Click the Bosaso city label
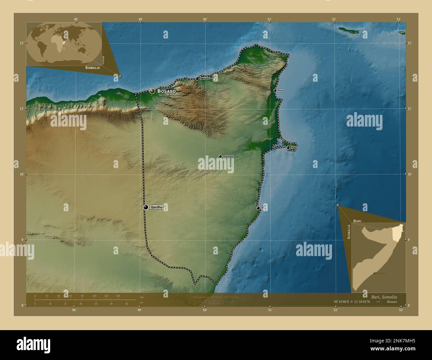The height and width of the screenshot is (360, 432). coord(166,91)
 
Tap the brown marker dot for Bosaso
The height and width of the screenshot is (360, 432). coord(152,91)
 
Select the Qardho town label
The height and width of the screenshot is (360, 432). coord(157,207)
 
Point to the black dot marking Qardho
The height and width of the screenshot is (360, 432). coord(146,207)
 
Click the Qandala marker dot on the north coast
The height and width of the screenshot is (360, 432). coord(197,78)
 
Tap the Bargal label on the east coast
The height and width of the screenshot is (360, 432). coord(281,90)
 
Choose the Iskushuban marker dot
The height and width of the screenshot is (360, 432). coord(220,156)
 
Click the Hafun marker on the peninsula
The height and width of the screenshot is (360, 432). coord(288,147)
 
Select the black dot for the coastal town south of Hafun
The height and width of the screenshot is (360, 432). coord(258,208)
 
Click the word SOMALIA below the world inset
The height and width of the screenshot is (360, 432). coord(92,68)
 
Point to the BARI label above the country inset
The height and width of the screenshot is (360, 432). coord(357,221)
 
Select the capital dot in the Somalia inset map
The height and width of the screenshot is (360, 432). coord(375,273)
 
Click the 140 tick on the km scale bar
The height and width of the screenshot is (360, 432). coord(118,296)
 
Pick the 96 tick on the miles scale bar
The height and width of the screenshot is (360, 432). coord(126,304)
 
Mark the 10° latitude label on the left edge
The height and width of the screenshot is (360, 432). coord(21,174)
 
